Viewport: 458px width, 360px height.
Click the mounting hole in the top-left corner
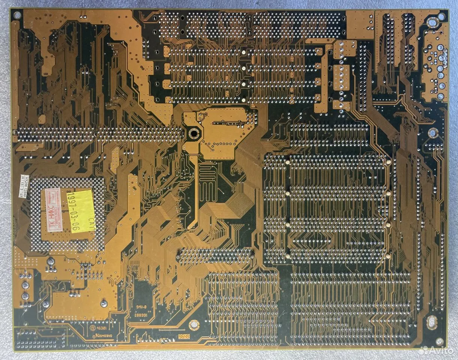click(17, 15)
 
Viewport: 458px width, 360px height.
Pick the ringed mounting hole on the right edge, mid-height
click(433, 132)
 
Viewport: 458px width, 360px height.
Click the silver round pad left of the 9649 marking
click(193, 324)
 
